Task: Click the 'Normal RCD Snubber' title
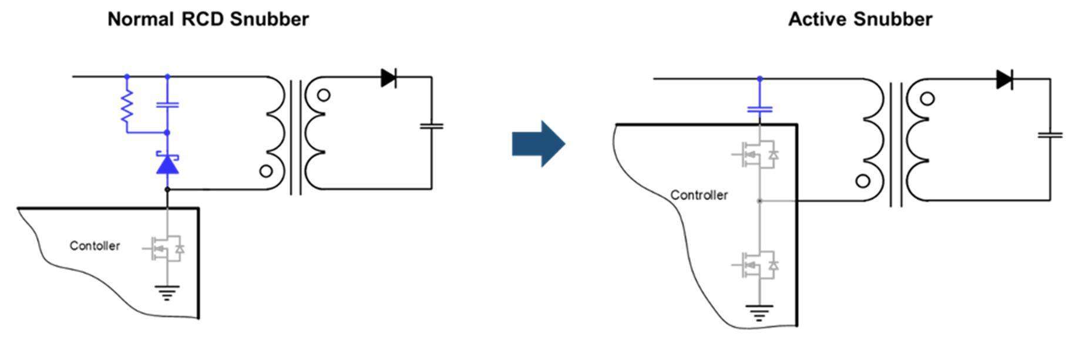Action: pyautogui.click(x=208, y=19)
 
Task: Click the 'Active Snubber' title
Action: pyautogui.click(x=860, y=19)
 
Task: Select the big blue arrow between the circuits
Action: pyautogui.click(x=539, y=144)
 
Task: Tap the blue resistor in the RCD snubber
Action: pyautogui.click(x=127, y=106)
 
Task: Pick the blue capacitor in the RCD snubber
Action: pyautogui.click(x=167, y=105)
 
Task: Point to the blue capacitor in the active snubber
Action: pyautogui.click(x=759, y=109)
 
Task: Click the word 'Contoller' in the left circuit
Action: pyautogui.click(x=95, y=245)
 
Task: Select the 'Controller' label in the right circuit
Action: pyautogui.click(x=699, y=195)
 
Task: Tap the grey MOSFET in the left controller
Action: pyautogui.click(x=164, y=249)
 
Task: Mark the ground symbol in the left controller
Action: pyautogui.click(x=167, y=292)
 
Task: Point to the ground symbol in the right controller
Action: pyautogui.click(x=759, y=312)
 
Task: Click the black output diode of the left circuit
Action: pyautogui.click(x=388, y=78)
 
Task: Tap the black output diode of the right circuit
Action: pyautogui.click(x=1005, y=79)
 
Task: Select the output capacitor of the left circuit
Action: pyautogui.click(x=432, y=126)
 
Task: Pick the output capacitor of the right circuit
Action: pyautogui.click(x=1050, y=135)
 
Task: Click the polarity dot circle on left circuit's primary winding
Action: pyautogui.click(x=266, y=171)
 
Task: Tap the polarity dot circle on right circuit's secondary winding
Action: pyautogui.click(x=927, y=99)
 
